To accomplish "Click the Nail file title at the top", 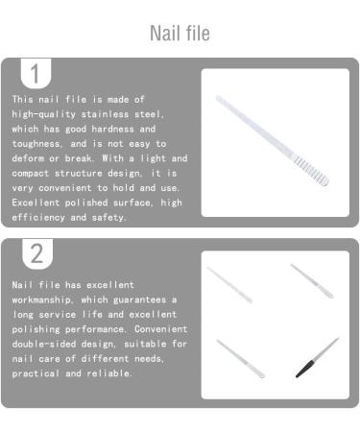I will (x=180, y=33).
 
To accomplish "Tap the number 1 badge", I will (x=36, y=74).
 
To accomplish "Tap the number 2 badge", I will (x=36, y=254).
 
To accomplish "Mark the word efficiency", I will (x=44, y=218).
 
